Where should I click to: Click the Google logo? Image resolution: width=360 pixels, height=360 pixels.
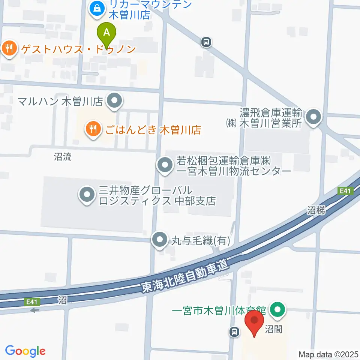(x=25, y=351)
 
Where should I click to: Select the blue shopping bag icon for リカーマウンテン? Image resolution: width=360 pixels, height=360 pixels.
(x=97, y=8)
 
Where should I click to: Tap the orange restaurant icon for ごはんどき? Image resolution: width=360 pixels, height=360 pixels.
(x=92, y=130)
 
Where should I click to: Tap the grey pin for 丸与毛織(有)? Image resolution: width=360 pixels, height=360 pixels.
(x=160, y=239)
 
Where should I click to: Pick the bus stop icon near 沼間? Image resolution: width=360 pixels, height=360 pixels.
(x=234, y=331)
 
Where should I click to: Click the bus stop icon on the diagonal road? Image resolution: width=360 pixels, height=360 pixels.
(x=206, y=42)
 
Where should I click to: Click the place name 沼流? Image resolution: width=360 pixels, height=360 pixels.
(x=62, y=157)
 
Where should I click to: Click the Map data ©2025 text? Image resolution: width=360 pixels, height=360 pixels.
(x=328, y=354)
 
